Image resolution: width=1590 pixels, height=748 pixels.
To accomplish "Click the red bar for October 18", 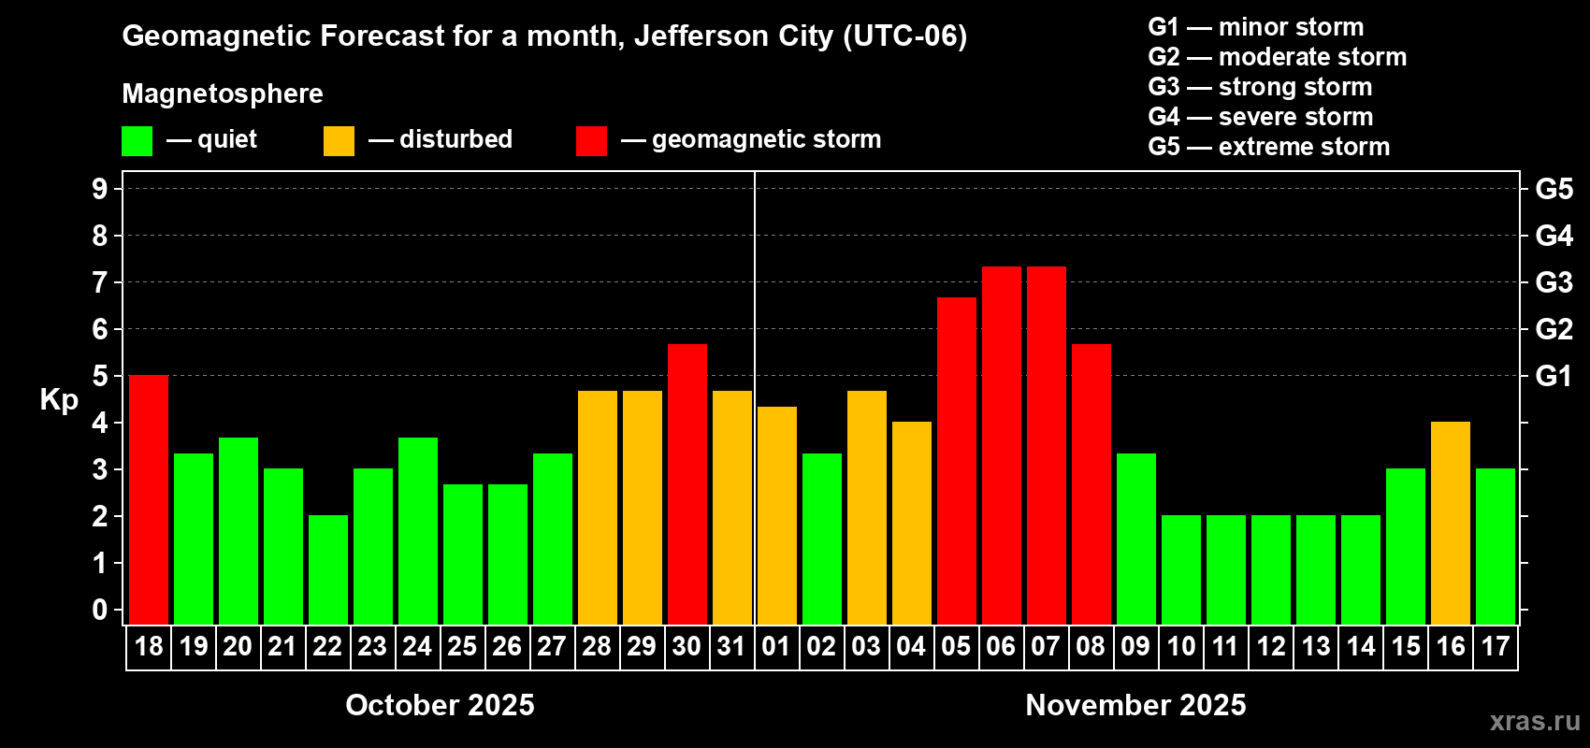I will click(149, 499).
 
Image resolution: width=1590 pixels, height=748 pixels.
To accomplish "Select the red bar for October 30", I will click(687, 484).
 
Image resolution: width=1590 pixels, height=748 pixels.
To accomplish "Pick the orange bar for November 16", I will click(1451, 523).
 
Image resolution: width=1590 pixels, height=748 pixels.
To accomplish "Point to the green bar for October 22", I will click(328, 569).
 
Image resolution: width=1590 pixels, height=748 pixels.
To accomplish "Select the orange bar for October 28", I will click(598, 508).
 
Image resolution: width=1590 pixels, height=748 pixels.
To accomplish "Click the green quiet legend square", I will click(137, 141).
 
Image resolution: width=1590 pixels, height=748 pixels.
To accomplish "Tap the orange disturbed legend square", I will click(340, 141).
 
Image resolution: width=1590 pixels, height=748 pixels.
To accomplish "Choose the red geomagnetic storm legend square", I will click(591, 141).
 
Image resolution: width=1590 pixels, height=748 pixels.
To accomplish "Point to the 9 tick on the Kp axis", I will click(100, 189).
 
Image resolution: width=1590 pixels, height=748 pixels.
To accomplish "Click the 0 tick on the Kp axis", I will click(100, 611).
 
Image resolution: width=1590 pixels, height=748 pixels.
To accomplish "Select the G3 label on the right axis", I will click(1554, 282).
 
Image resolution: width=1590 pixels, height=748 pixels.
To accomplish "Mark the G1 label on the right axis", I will click(1554, 376).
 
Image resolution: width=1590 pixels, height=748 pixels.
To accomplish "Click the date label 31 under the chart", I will click(731, 646).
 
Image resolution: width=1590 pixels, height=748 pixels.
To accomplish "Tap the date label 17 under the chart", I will click(1496, 646).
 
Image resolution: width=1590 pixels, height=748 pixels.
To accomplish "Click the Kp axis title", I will click(59, 399).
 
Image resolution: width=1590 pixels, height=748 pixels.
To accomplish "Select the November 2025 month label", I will click(1135, 705).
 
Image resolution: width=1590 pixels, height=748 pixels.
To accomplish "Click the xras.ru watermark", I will click(1535, 721).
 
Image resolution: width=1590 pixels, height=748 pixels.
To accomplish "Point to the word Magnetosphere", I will click(223, 93).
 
